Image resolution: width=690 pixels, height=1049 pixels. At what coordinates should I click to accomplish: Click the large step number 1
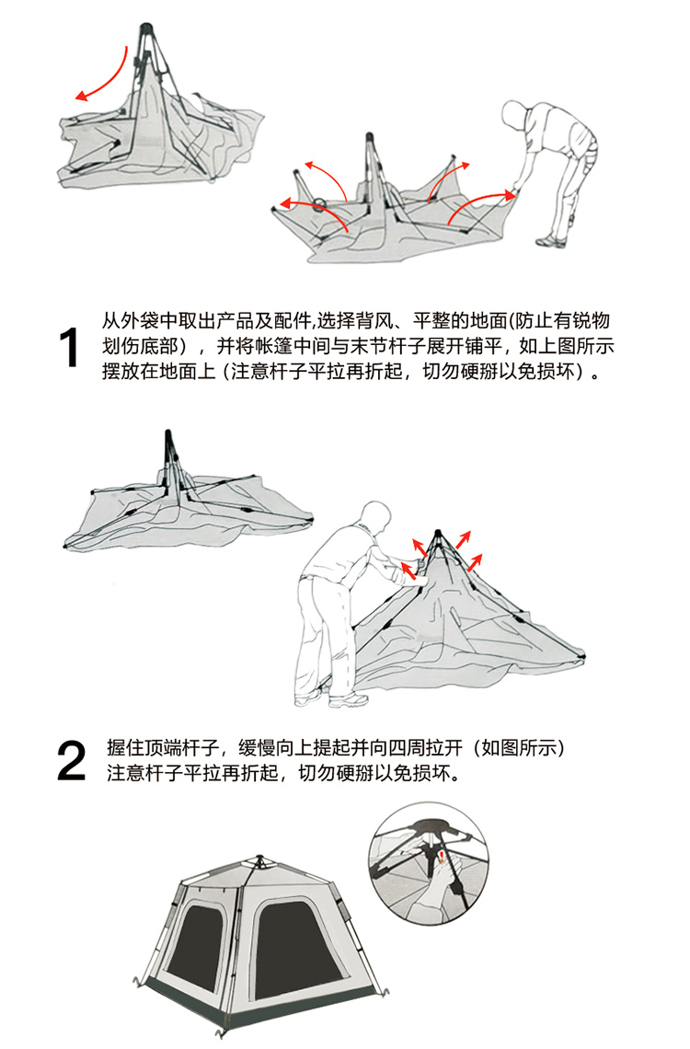click(69, 347)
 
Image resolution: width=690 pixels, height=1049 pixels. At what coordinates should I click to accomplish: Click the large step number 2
click(72, 761)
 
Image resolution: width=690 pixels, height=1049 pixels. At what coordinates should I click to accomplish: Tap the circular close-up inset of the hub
click(429, 864)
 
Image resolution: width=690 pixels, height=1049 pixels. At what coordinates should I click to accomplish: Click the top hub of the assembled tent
click(260, 859)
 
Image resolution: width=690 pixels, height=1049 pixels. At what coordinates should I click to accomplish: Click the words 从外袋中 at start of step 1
click(140, 321)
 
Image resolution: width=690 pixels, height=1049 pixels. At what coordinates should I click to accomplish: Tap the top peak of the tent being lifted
click(437, 532)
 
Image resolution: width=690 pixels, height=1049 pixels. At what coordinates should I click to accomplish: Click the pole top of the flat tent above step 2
click(167, 434)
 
